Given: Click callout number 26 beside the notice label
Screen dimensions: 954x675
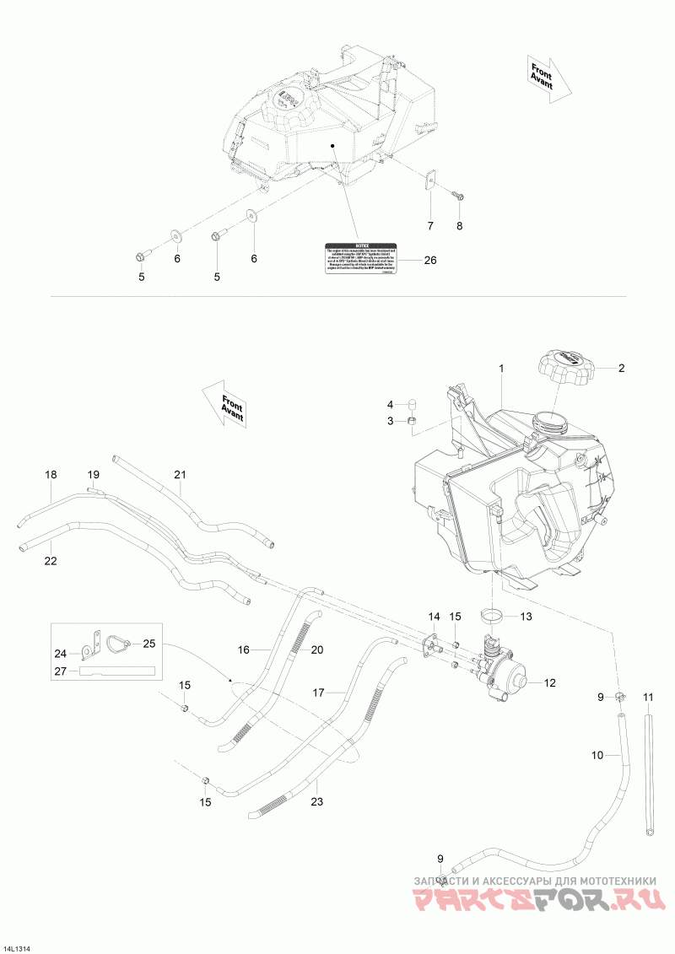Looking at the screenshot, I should pyautogui.click(x=429, y=260).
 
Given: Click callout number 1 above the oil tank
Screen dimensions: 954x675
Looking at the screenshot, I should pyautogui.click(x=501, y=369).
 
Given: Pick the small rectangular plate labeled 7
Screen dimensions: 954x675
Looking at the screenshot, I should pyautogui.click(x=429, y=181).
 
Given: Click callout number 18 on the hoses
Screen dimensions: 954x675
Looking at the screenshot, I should pyautogui.click(x=51, y=476).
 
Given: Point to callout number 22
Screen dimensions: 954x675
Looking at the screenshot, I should pyautogui.click(x=51, y=561).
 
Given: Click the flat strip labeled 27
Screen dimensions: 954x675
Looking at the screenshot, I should pyautogui.click(x=117, y=671).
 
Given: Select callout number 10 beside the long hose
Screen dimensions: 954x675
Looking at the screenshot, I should pyautogui.click(x=597, y=755).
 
